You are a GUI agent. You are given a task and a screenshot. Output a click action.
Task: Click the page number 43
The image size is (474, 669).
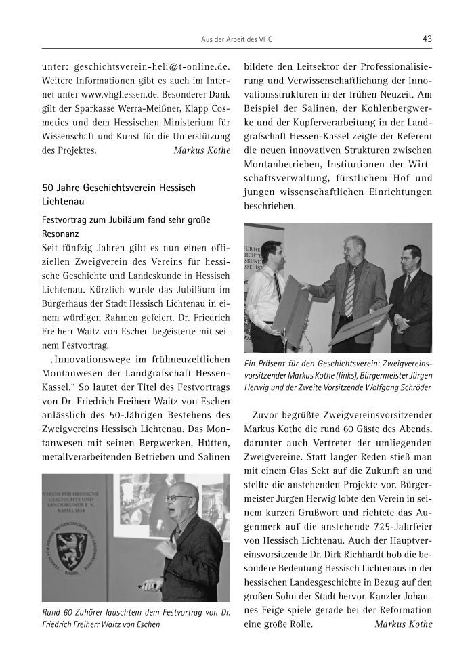427,39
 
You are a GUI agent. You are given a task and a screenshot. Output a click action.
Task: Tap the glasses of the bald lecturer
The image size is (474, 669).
178,498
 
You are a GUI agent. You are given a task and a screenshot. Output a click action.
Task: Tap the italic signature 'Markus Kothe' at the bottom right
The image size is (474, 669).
403,624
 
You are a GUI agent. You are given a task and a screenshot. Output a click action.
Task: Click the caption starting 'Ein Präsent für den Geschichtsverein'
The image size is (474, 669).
338,374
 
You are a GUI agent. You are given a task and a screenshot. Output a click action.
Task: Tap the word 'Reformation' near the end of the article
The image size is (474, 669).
400,609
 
